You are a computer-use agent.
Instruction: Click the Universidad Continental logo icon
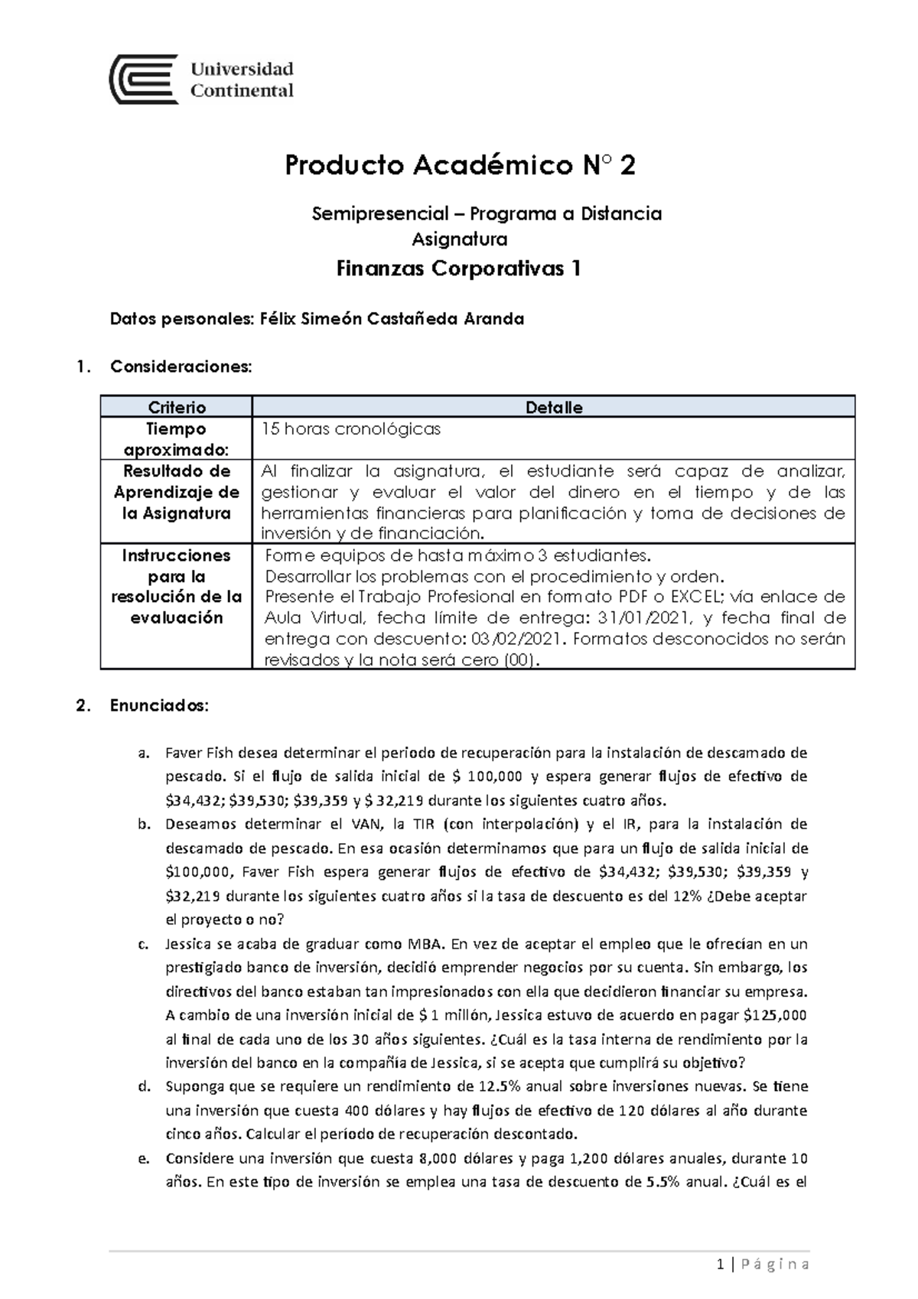tap(143, 79)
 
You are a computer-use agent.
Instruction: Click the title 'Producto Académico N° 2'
tap(460, 165)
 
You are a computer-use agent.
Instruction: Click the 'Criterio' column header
tap(177, 407)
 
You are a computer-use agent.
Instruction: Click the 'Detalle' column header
tap(554, 407)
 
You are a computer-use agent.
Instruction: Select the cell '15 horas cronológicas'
tap(351, 429)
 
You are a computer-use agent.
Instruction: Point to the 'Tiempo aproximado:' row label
tap(177, 440)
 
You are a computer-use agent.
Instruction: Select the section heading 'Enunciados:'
tap(158, 705)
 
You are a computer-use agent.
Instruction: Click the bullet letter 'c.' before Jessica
tap(142, 944)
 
